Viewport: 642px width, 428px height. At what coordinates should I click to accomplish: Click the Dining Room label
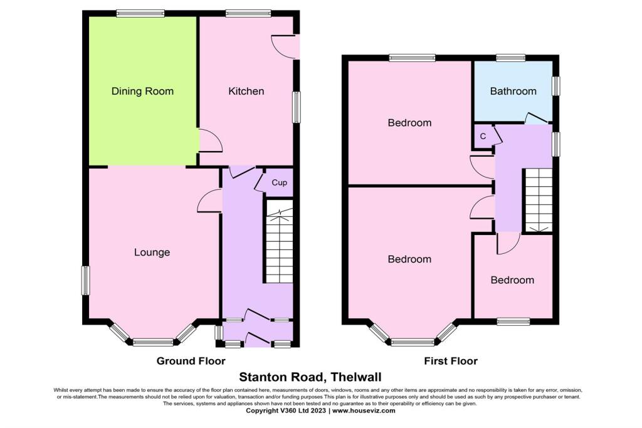coord(142,91)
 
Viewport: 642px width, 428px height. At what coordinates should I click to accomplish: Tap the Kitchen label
coord(246,91)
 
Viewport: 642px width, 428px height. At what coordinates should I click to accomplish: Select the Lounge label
coord(152,253)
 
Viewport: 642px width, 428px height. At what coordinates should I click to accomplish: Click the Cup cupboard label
coord(279,182)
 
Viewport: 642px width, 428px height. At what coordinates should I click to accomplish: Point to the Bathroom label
coord(513,91)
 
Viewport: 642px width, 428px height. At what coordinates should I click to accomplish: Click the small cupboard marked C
coord(483,136)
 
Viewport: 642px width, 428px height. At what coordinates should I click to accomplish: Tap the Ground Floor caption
coord(191,361)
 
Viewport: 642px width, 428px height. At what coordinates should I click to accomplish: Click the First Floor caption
coord(451,361)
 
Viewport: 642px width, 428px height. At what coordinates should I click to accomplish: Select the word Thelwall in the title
coord(356,377)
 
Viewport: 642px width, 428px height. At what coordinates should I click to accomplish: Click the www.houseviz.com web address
coord(364,410)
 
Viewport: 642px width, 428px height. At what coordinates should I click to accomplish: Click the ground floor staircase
coord(279,241)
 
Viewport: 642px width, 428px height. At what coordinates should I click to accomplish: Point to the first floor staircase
coord(539,201)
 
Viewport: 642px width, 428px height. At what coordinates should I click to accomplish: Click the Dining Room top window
coord(140,14)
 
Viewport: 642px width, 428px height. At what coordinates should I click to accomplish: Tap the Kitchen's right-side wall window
coord(296,107)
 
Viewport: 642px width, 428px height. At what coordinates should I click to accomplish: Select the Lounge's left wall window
coord(85,280)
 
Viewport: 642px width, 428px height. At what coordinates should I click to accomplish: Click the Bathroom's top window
coord(510,58)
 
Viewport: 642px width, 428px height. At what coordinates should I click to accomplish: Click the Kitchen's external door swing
coord(283,46)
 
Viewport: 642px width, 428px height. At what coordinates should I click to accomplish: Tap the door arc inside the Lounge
coord(209,201)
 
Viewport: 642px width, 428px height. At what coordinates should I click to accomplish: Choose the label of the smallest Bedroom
coord(512,280)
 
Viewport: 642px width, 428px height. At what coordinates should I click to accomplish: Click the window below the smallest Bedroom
coord(513,321)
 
